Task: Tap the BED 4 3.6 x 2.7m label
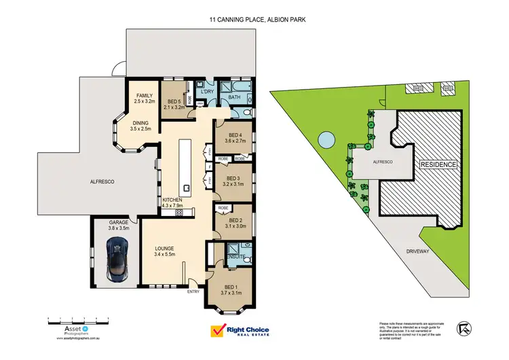(236, 138)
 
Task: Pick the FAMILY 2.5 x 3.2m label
(145, 98)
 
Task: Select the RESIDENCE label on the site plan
(439, 165)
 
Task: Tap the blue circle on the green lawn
(326, 140)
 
